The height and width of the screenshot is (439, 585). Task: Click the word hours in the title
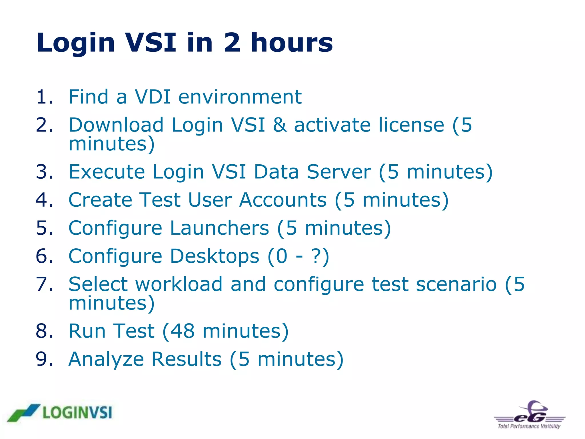tap(292, 43)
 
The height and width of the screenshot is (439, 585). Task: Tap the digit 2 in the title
tap(232, 43)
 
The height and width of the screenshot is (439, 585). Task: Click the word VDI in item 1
tap(153, 97)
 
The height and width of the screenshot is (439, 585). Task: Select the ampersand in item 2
tap(280, 125)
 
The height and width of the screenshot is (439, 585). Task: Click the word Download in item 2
tap(116, 125)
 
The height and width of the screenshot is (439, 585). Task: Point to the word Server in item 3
tap(339, 172)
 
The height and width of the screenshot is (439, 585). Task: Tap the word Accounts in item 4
tap(283, 200)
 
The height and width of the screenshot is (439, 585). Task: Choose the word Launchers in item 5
tap(219, 228)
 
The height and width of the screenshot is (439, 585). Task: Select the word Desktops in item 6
tap(215, 256)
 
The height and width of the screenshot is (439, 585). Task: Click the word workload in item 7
tap(179, 284)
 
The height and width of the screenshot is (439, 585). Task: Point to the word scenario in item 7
tap(456, 284)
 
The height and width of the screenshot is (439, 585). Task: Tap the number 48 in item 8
tap(183, 331)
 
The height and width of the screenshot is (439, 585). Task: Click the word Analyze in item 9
tap(106, 360)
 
